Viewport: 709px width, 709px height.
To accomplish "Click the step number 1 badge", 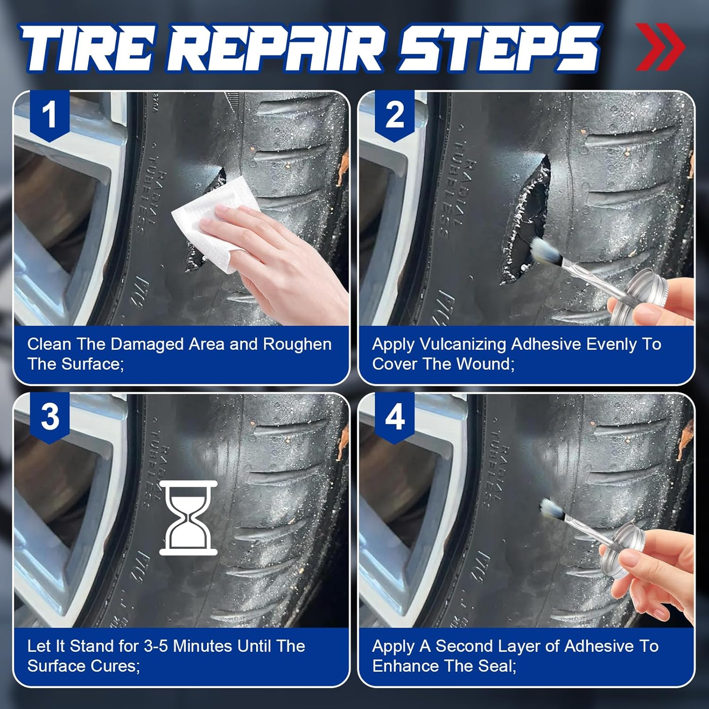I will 50,115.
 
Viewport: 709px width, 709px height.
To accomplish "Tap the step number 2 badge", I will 395,115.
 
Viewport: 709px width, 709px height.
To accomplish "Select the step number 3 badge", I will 50,417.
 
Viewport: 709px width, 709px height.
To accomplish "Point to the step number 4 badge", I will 395,417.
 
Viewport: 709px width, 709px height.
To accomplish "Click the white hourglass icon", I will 189,518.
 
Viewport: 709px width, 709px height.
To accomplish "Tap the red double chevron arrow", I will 659,47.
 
